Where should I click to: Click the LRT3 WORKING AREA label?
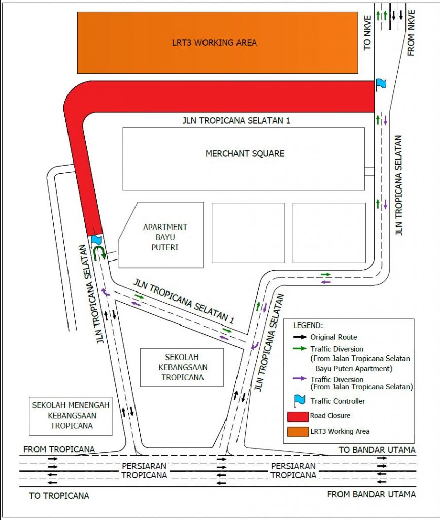(x=214, y=43)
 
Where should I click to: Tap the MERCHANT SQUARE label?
(x=245, y=153)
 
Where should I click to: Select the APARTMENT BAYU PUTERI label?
(x=165, y=237)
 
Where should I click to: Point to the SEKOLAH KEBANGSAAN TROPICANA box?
(x=182, y=368)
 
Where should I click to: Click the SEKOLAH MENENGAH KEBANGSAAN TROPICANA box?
(x=71, y=416)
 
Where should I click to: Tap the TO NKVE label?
(x=367, y=33)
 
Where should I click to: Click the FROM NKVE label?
(x=411, y=32)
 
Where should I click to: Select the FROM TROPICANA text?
(x=59, y=449)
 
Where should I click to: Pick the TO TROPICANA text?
(x=59, y=496)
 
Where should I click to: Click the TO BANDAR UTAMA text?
(x=377, y=450)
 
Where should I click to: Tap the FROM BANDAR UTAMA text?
(x=371, y=494)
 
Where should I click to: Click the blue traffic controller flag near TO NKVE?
(x=381, y=84)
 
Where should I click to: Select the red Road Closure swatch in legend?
(x=297, y=416)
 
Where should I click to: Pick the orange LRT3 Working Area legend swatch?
(x=297, y=432)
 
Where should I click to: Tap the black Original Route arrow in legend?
(x=300, y=337)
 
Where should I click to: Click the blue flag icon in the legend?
(x=299, y=401)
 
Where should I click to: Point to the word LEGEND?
(x=308, y=326)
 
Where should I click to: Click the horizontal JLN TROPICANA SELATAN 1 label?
(x=236, y=120)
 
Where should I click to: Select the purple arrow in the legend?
(x=300, y=378)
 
